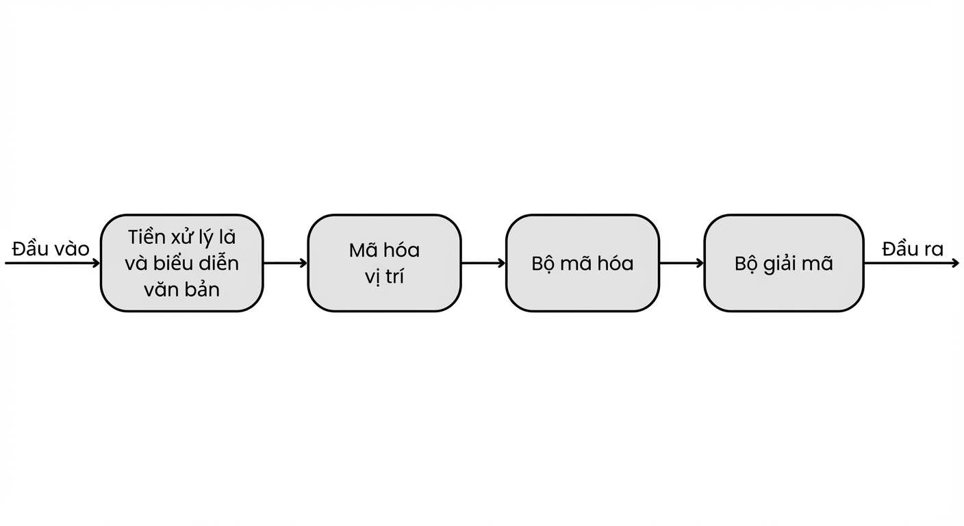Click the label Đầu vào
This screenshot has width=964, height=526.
51,249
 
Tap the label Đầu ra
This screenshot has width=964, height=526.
913,249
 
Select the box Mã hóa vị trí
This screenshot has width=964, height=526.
384,263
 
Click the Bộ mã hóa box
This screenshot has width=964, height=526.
582,263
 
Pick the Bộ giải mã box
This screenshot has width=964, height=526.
784,263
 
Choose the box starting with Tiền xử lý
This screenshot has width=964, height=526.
181,263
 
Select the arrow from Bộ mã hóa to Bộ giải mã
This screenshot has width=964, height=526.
682,263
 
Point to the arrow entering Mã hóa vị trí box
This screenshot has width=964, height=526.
286,263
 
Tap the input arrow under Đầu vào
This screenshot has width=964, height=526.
53,263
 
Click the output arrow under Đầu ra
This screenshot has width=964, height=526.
911,263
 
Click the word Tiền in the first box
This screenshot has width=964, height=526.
146,237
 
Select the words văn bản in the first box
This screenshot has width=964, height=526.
181,289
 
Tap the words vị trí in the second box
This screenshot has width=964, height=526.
384,276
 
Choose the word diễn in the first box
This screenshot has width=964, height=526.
218,263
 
